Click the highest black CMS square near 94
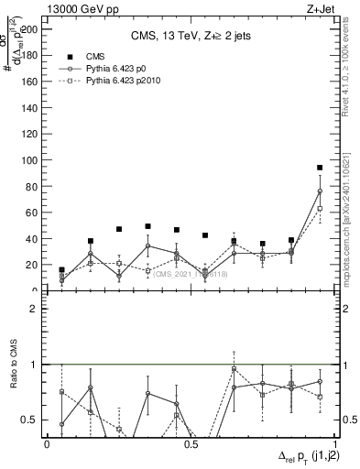point(320,168)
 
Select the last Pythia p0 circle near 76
point(320,191)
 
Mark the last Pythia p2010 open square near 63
point(320,209)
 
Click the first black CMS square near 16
point(61,270)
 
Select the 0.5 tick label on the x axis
point(191,444)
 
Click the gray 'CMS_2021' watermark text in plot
point(190,274)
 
